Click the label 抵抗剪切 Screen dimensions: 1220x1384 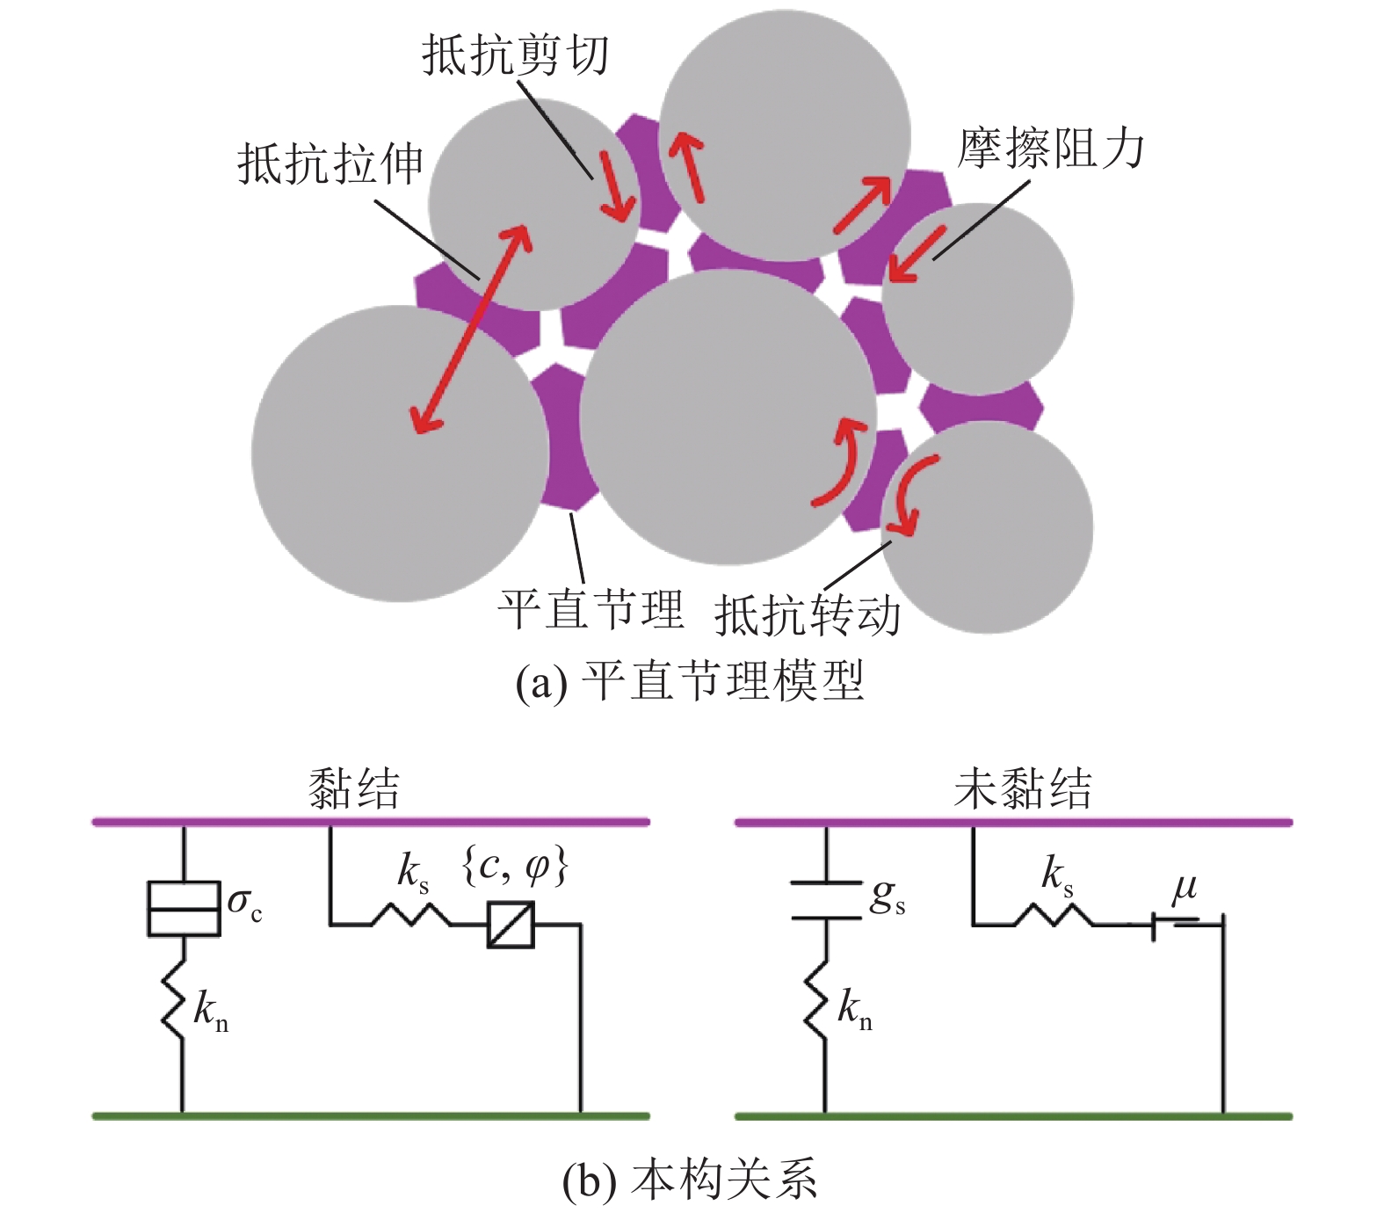(x=515, y=55)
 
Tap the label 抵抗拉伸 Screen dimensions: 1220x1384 (x=330, y=163)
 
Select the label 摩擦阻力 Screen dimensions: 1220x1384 (x=1051, y=148)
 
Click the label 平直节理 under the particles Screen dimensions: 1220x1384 (x=591, y=608)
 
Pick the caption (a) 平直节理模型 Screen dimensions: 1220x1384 (x=690, y=681)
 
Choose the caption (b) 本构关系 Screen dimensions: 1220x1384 (x=690, y=1178)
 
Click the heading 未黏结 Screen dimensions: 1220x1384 (x=1023, y=788)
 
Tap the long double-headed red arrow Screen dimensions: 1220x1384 (x=473, y=330)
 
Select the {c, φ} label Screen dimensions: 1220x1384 (x=515, y=867)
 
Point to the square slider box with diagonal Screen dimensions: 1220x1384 (x=511, y=925)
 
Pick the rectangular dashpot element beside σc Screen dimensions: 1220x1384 (x=183, y=908)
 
